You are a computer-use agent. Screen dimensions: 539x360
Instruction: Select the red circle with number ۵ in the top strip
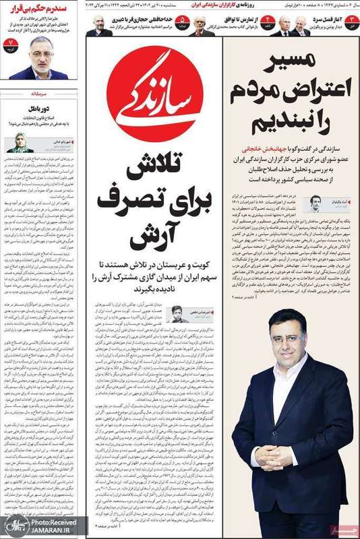(x=182, y=26)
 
